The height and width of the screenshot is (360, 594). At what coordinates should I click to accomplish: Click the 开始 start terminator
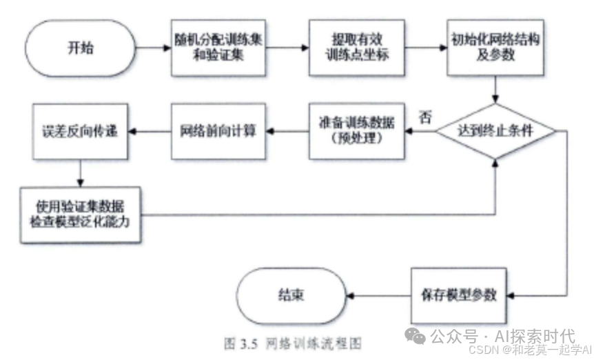point(78,48)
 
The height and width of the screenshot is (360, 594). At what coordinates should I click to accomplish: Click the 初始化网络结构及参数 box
point(494,48)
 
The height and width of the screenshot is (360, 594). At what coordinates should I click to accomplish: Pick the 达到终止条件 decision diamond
point(495,130)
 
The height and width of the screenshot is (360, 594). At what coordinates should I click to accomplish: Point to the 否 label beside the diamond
point(426,117)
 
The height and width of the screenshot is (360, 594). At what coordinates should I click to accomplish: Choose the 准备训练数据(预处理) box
point(356,130)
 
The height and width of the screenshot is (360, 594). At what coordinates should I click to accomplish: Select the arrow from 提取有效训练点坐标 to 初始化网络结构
point(425,48)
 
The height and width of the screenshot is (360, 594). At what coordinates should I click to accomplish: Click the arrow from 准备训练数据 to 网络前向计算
point(287,130)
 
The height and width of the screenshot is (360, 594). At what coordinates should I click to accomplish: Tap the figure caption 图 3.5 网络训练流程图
point(293,343)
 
